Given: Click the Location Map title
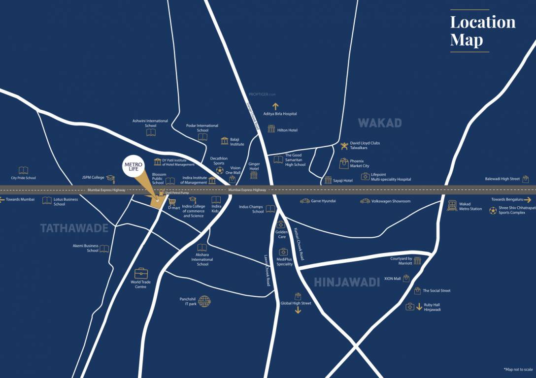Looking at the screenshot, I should (482, 31).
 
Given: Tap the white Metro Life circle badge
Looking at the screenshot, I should (134, 167).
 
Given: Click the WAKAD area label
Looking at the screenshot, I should (379, 123).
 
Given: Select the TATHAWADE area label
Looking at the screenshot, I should (74, 228).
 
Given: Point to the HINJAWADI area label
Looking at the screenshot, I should (347, 282).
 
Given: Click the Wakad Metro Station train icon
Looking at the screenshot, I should (451, 206).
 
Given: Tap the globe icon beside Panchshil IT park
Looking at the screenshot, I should (204, 301).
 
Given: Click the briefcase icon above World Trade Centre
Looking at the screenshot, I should (141, 273).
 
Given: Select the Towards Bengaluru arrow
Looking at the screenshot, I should (528, 200).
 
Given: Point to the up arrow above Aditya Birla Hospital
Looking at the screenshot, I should (275, 106).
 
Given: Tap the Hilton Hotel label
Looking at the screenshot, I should (287, 130).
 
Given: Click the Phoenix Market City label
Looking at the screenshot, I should (359, 163).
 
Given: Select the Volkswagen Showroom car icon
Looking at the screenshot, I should (365, 201).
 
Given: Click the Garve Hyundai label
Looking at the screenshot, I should (324, 201).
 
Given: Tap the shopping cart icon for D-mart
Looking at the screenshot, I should (172, 202).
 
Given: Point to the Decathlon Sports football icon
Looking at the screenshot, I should (219, 170).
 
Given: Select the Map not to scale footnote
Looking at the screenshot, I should (518, 369).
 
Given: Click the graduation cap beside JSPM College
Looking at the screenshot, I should (111, 178).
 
